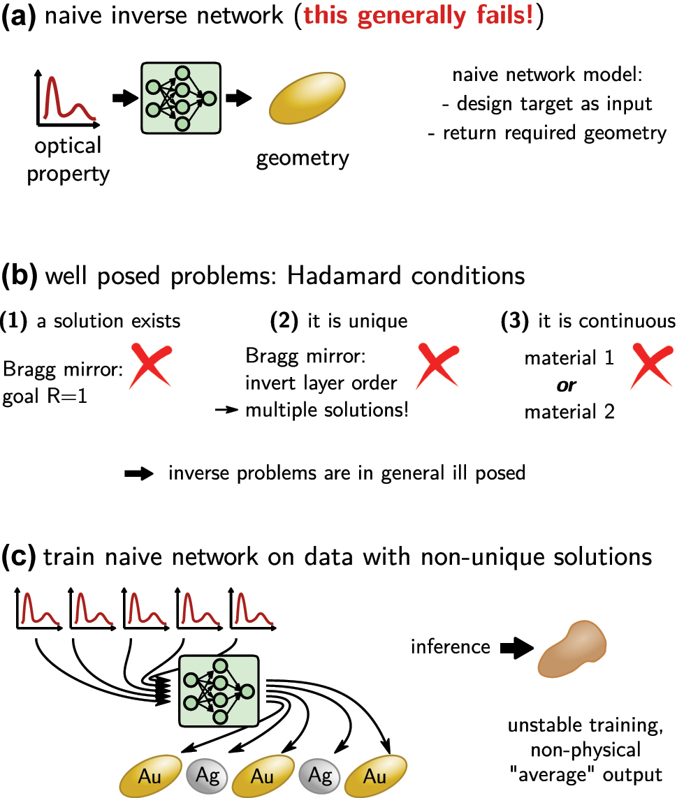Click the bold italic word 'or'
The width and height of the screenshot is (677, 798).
coord(569,385)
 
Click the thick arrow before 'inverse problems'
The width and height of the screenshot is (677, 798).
coord(139,473)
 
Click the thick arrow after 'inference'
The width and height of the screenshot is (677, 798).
coord(514,647)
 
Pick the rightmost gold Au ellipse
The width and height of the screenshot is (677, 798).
coord(374,776)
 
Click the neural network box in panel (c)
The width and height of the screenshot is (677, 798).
coord(220,690)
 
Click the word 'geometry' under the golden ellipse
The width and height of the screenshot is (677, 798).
coord(302,158)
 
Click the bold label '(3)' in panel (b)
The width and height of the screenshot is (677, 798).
coord(516,321)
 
